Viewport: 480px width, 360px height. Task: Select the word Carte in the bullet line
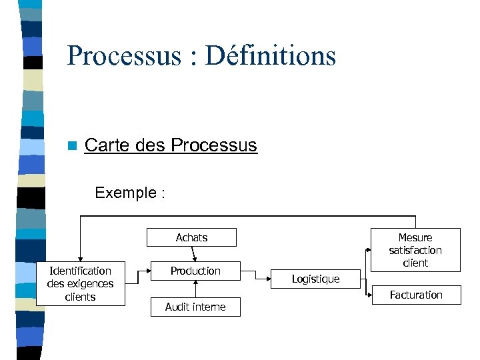(x=107, y=145)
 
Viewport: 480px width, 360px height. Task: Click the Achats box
(x=191, y=237)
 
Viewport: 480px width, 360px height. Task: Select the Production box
(x=195, y=271)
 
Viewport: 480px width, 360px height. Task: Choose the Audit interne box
(x=195, y=307)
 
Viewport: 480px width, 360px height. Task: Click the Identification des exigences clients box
(x=81, y=283)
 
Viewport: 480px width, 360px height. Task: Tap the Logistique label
(x=315, y=279)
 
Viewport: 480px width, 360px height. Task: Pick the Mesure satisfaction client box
(x=415, y=250)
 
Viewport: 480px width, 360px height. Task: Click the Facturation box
(x=416, y=295)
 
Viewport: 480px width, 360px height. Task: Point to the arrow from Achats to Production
(x=193, y=254)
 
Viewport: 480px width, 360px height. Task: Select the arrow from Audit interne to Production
(x=195, y=288)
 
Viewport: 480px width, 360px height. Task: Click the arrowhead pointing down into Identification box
(x=80, y=258)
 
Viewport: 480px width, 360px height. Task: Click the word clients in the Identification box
(x=81, y=297)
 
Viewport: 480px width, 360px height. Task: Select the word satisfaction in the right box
(x=415, y=250)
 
